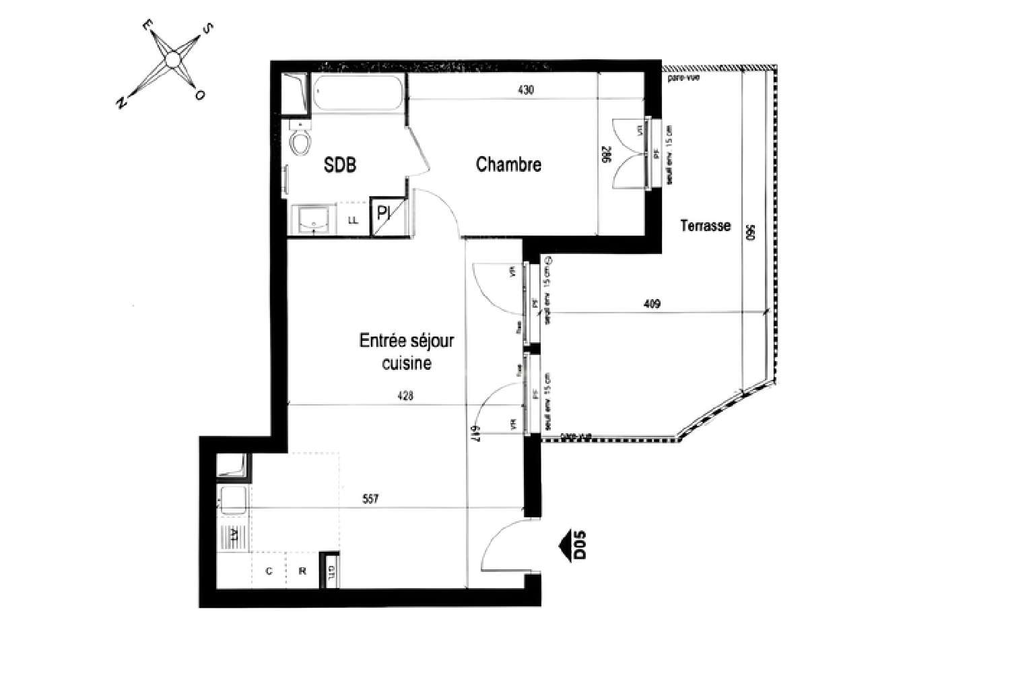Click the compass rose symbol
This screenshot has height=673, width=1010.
tap(173, 61)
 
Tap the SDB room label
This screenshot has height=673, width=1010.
tap(340, 164)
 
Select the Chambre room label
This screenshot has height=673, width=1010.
tap(508, 164)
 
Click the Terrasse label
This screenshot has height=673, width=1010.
tap(705, 226)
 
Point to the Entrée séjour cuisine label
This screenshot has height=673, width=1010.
tap(407, 352)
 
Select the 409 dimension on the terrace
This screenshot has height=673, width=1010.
tap(652, 304)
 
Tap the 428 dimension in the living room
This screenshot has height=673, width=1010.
tap(405, 396)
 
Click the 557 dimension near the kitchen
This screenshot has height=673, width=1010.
tap(370, 499)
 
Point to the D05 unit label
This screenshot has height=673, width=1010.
tap(580, 545)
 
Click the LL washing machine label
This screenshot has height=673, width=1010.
tap(353, 220)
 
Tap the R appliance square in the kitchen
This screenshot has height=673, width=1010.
tap(303, 571)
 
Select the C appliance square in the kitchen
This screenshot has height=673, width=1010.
tap(269, 571)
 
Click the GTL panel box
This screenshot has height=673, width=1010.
tap(331, 571)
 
